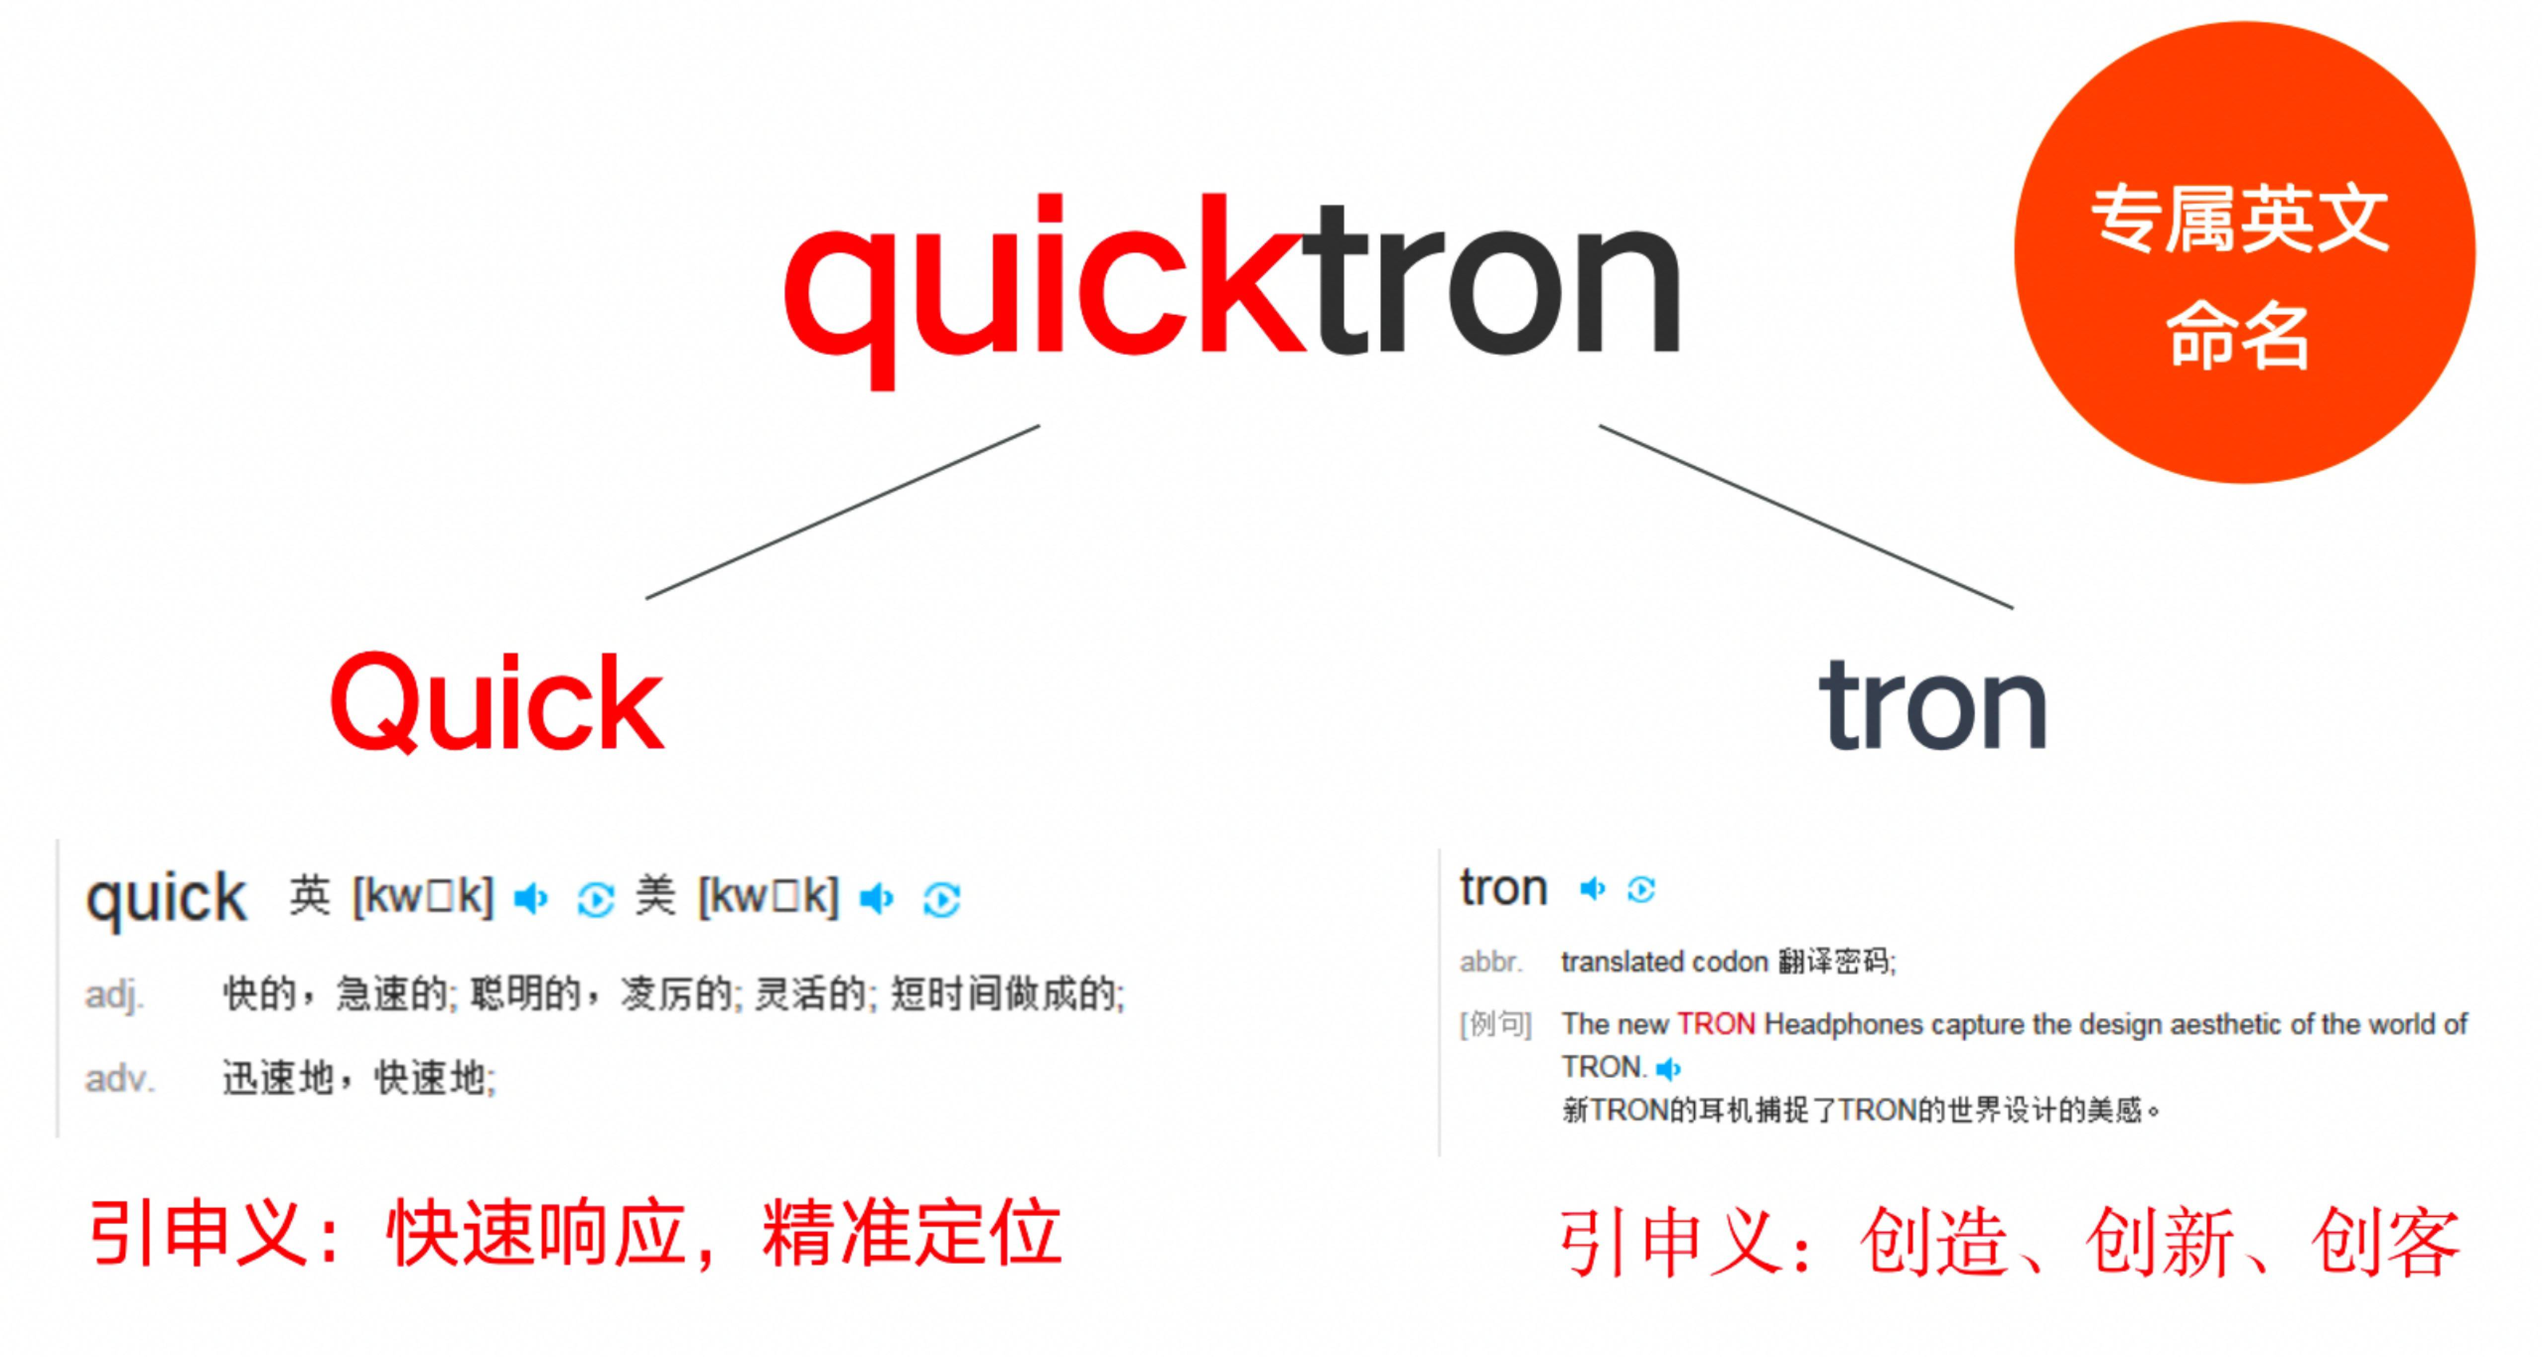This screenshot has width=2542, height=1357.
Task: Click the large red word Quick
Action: click(496, 703)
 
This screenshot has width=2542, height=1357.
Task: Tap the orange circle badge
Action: click(2245, 253)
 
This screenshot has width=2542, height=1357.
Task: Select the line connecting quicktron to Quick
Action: click(843, 512)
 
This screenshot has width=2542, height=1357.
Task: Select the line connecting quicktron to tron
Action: click(1806, 516)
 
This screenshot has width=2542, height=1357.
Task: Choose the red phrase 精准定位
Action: click(912, 1234)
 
